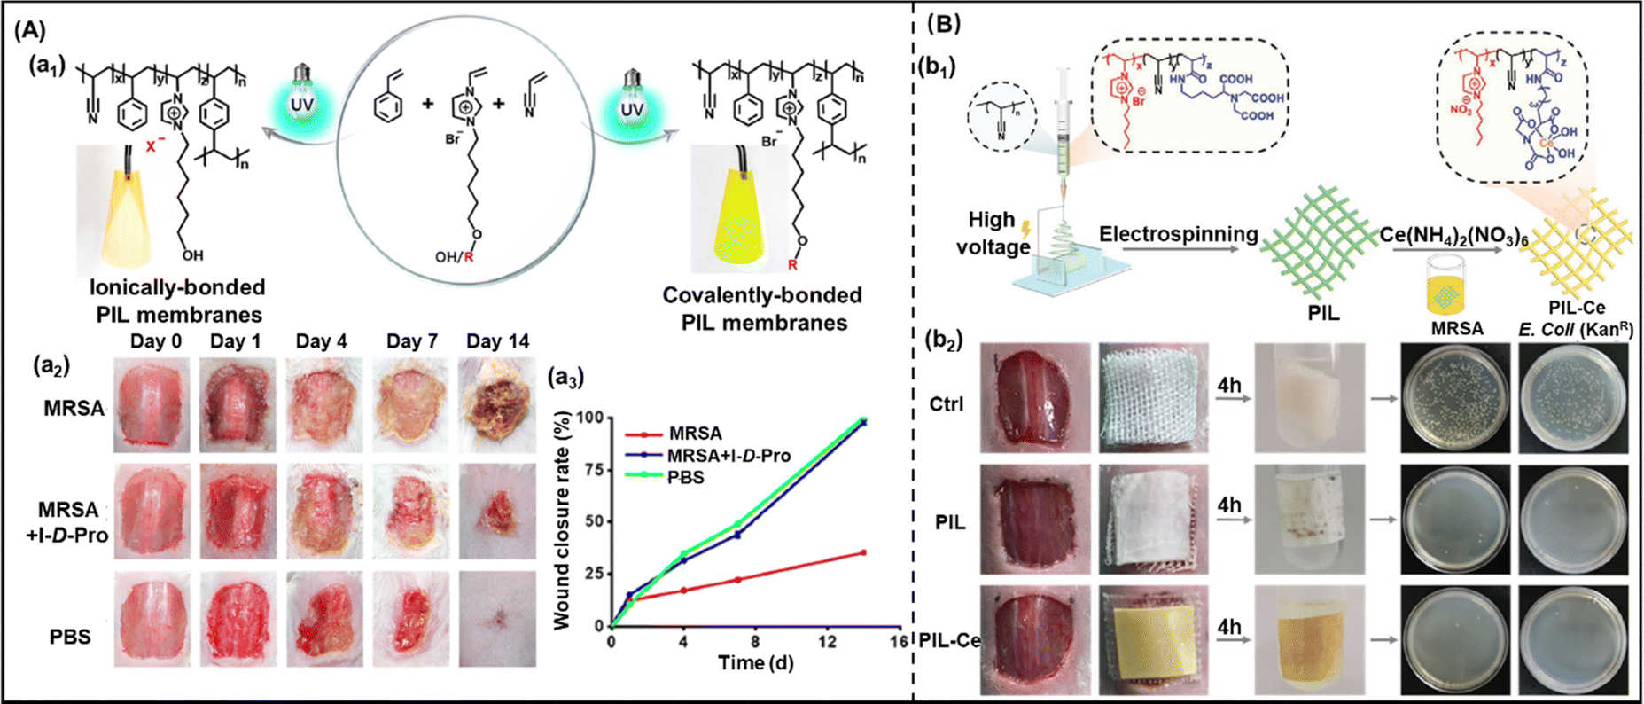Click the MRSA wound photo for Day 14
pos(497,404)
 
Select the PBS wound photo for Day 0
pos(152,619)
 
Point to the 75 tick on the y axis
pos(592,469)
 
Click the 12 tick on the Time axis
pos(827,641)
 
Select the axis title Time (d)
pos(755,663)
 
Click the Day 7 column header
pos(412,341)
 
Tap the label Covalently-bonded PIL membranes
pos(762,309)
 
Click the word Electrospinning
pos(1178,234)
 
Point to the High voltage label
pos(992,233)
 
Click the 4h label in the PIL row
pos(1230,505)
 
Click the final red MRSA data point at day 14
pos(863,552)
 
